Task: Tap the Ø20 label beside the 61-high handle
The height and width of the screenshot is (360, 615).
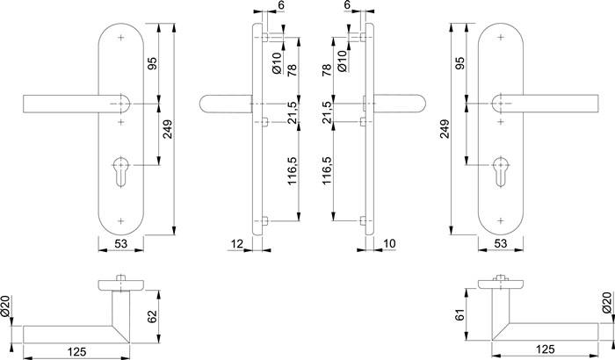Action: click(x=605, y=304)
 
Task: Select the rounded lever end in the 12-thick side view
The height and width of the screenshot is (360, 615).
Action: click(x=206, y=104)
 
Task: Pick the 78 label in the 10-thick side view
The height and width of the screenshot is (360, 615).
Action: click(x=327, y=70)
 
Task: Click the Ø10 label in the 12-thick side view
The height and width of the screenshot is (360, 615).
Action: click(x=276, y=61)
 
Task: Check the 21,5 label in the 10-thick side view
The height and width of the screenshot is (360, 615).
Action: click(x=327, y=115)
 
